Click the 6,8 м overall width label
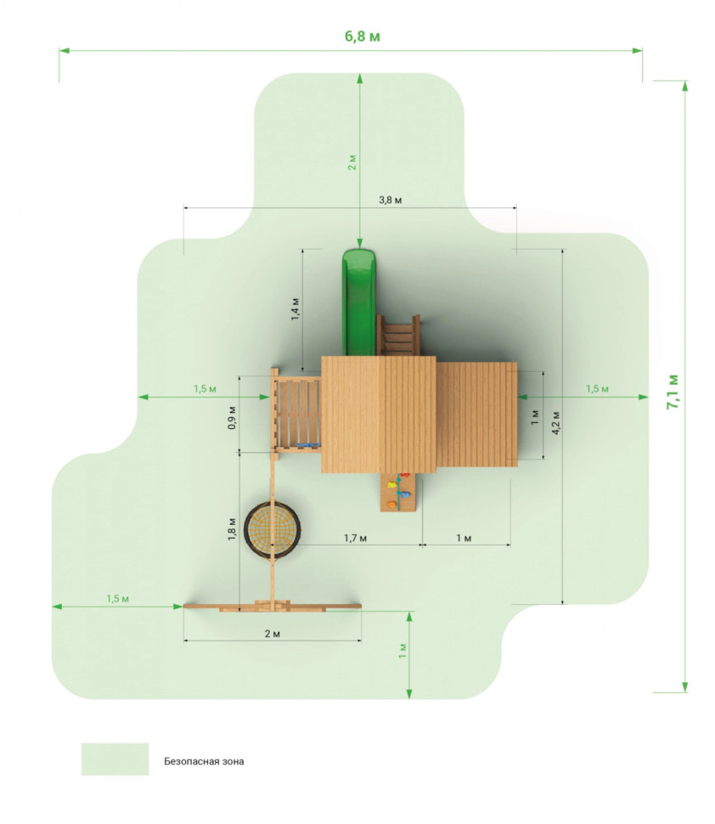362,37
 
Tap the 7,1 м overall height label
673,392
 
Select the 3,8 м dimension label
391,200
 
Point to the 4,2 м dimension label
556,422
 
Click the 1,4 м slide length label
296,309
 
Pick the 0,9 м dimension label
232,418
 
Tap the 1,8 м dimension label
232,529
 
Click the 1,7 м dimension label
355,538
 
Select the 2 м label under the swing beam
272,634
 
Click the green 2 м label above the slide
352,162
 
